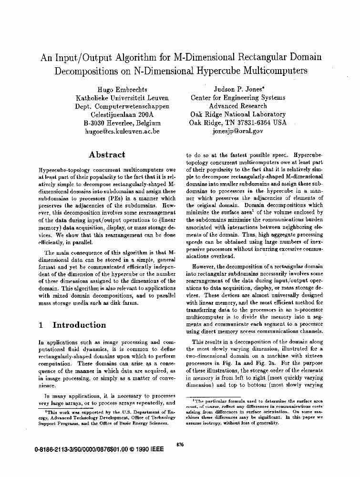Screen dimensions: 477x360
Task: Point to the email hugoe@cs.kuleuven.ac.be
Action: point(122,130)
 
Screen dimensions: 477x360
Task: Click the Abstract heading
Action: point(107,155)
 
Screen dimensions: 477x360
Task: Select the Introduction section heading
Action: point(79,325)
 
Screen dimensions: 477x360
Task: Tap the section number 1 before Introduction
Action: point(41,325)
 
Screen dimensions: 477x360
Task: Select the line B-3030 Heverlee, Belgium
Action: point(122,122)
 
